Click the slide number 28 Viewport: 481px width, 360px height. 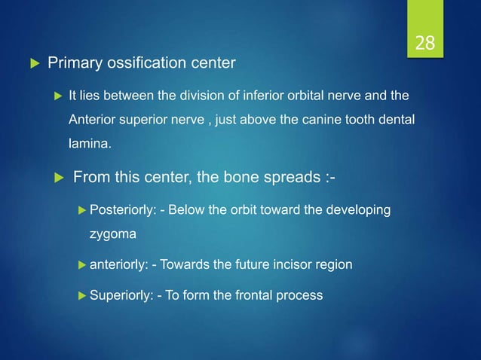click(424, 43)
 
